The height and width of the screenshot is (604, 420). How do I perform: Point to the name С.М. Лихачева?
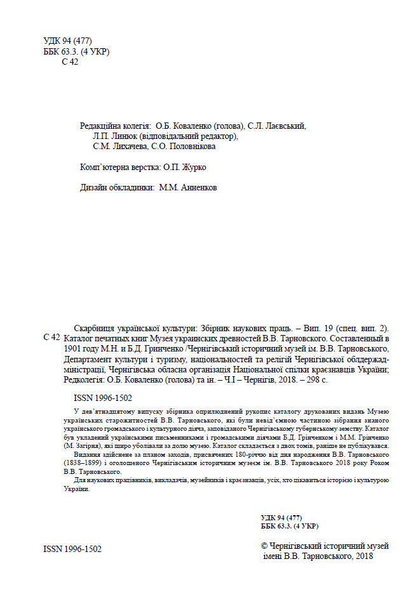pyautogui.click(x=113, y=147)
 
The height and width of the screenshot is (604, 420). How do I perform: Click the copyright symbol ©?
pyautogui.click(x=266, y=546)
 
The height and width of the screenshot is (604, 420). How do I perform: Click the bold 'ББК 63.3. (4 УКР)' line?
pyautogui.click(x=290, y=527)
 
